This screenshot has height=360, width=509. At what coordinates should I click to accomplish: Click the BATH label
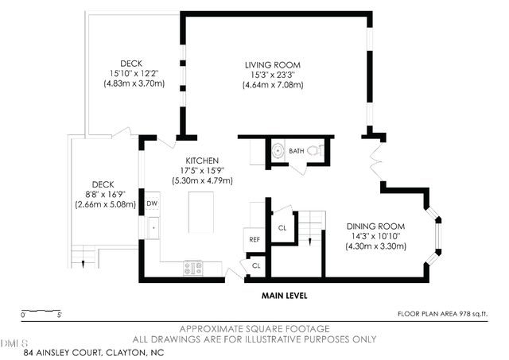click(296, 150)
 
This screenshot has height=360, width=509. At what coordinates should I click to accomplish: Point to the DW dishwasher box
click(151, 204)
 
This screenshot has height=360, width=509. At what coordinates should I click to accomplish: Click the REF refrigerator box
click(254, 239)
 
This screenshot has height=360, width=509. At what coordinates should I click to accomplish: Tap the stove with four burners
click(192, 269)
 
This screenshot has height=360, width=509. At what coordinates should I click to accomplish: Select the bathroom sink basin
click(278, 149)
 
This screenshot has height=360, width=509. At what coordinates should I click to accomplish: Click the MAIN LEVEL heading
click(285, 296)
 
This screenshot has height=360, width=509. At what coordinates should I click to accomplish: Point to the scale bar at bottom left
click(41, 311)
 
